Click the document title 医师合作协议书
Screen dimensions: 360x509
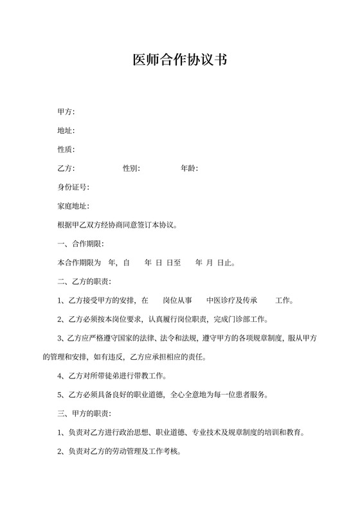point(179,60)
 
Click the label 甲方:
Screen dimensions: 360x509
point(66,112)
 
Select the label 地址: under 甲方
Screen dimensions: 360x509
point(66,131)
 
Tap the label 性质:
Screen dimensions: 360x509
point(66,150)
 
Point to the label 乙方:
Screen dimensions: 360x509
point(66,168)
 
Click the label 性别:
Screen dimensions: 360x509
point(132,168)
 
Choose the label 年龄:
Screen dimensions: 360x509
point(189,168)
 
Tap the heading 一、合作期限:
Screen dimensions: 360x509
point(80,244)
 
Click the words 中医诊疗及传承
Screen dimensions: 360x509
point(232,301)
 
